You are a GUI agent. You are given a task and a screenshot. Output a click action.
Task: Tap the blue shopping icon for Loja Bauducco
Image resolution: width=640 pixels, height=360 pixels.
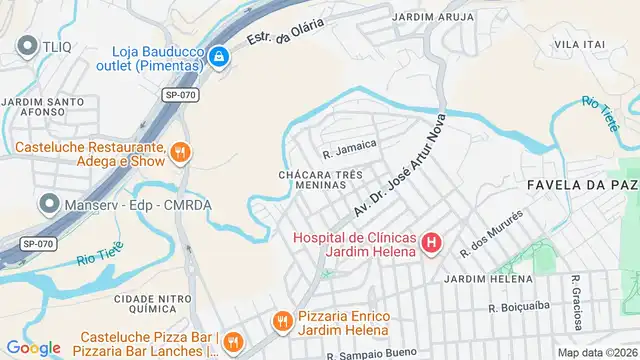click(x=219, y=57)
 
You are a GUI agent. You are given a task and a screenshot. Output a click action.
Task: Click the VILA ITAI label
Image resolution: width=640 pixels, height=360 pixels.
click(x=580, y=45)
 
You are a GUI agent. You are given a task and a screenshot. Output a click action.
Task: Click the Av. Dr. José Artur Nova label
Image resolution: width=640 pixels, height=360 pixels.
click(x=398, y=167)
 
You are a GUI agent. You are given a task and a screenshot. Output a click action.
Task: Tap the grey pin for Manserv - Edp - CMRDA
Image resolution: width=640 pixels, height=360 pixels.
click(x=47, y=204)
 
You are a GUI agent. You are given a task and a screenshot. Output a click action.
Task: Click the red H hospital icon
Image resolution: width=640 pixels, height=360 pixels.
click(x=431, y=242)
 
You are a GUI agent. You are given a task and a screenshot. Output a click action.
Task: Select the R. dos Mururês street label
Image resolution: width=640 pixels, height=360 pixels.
click(x=491, y=233)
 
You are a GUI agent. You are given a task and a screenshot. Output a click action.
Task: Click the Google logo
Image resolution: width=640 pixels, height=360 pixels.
click(x=33, y=347)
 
